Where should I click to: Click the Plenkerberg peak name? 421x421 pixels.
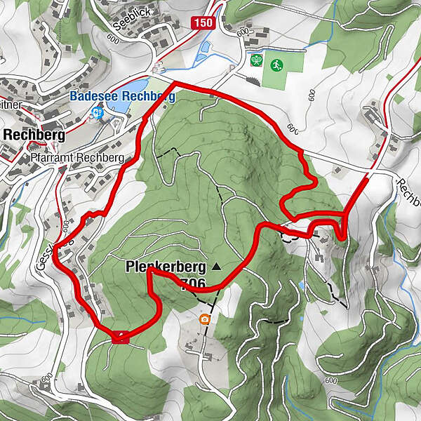(x=166, y=267)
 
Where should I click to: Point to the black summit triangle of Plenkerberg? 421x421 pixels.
(x=215, y=267)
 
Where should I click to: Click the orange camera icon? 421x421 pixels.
(x=205, y=319)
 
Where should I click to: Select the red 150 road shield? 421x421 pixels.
(x=202, y=23)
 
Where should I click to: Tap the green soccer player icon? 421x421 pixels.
(x=276, y=62)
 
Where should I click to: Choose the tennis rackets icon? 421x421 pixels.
(x=257, y=61)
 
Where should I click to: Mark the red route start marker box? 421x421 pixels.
(x=121, y=337)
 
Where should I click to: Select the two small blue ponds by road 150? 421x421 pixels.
(x=205, y=50)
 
